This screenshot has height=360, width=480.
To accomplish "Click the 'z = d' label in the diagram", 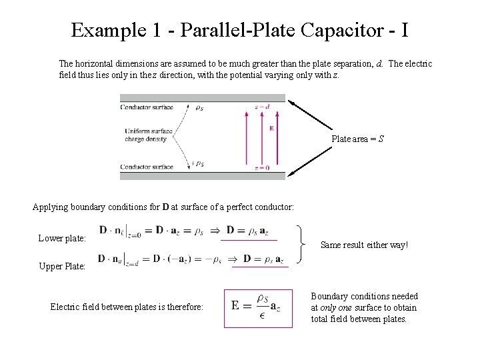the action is (x=262, y=107).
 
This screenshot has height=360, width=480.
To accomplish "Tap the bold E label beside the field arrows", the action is (x=271, y=128).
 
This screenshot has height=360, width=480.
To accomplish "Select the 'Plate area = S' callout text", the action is (x=358, y=139).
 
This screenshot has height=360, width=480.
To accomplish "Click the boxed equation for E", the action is (x=258, y=307).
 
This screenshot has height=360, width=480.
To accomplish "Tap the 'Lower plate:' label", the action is (x=62, y=238).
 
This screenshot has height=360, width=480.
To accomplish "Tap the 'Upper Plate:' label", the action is (x=62, y=266).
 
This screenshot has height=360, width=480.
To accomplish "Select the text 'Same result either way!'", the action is (x=364, y=245).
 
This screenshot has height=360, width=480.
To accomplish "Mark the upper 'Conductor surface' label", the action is (x=146, y=107).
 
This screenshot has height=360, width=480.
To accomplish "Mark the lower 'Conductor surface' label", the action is (x=146, y=167).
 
